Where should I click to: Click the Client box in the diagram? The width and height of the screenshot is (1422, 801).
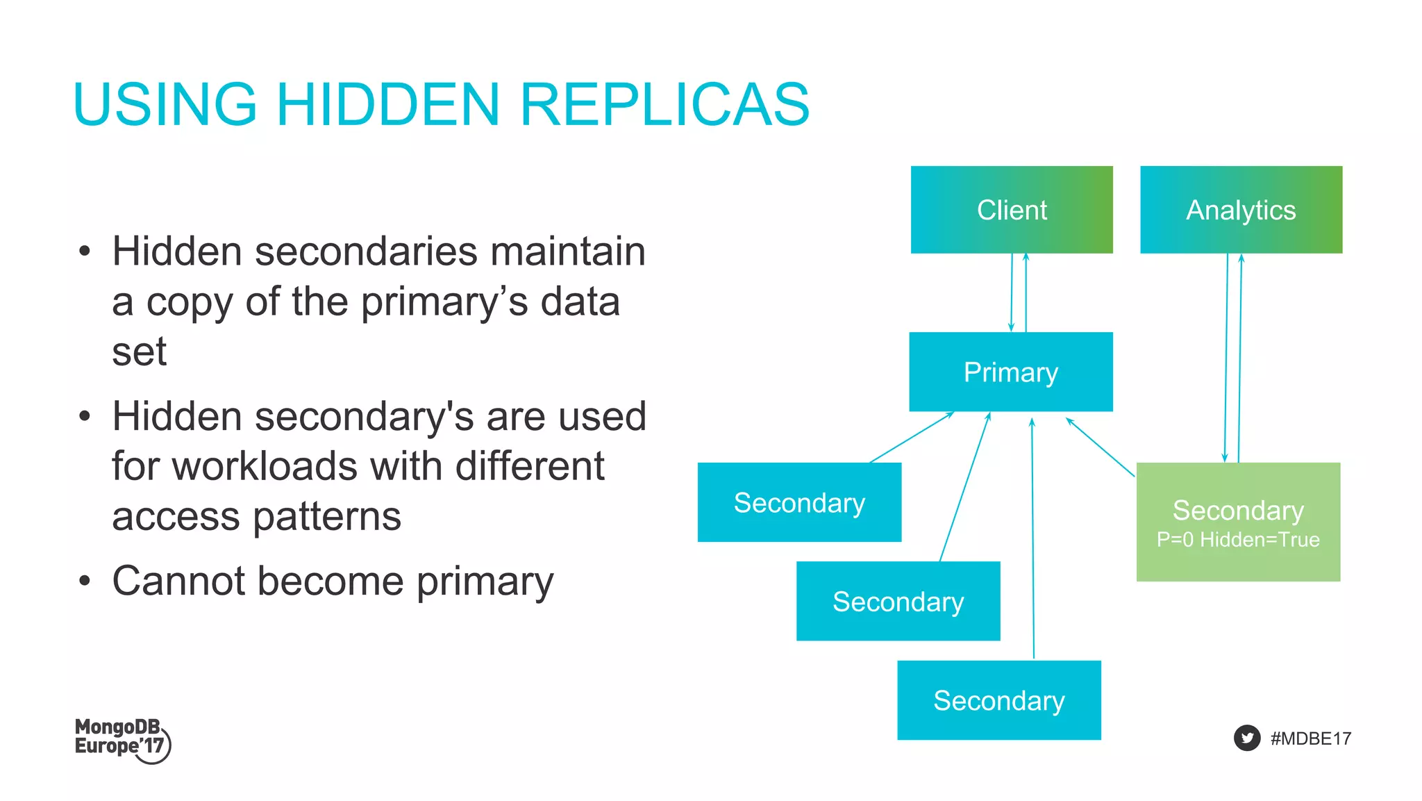(1012, 210)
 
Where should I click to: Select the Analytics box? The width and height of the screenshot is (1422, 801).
(1241, 210)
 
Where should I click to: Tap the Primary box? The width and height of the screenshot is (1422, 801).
(1011, 372)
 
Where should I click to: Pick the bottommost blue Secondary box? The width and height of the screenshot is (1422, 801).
(999, 700)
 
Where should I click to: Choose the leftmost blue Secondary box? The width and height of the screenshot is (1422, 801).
(799, 502)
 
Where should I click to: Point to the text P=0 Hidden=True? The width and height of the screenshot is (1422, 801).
(1238, 540)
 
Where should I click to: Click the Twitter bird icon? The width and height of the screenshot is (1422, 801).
(1247, 738)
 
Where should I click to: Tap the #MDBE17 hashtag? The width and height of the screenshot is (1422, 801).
(1311, 738)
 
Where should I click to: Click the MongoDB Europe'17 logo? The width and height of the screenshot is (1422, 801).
(122, 739)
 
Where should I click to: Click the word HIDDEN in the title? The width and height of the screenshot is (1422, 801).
(388, 105)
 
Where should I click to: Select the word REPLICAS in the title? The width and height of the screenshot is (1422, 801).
(664, 105)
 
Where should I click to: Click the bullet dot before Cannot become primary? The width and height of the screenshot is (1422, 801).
(85, 581)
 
